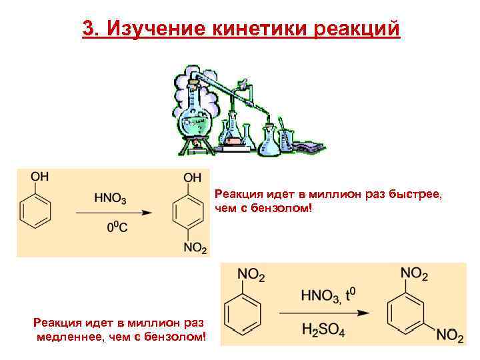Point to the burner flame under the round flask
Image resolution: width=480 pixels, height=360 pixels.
coord(198,142)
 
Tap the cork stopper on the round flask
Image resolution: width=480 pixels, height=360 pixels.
coord(194,83)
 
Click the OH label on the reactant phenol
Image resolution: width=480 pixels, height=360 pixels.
coord(39,177)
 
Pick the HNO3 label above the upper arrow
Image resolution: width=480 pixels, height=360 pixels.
coord(111,198)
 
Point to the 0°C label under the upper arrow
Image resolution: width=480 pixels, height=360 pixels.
coord(118,227)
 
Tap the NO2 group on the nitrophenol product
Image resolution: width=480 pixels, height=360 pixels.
coord(195,248)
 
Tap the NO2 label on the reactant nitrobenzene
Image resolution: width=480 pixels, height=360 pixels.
coord(251,274)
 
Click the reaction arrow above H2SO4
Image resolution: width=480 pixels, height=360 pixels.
coord(324,311)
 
